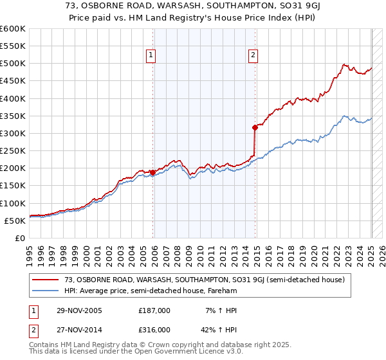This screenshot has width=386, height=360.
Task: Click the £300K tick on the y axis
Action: (x=13, y=133)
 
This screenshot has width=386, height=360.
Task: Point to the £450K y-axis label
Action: (x=13, y=81)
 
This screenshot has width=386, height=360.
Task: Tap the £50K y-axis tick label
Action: (x=15, y=221)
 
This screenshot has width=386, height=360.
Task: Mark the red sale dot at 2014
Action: (x=255, y=128)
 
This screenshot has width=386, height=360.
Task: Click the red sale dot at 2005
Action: (x=152, y=172)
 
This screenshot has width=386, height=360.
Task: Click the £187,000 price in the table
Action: (x=154, y=310)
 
